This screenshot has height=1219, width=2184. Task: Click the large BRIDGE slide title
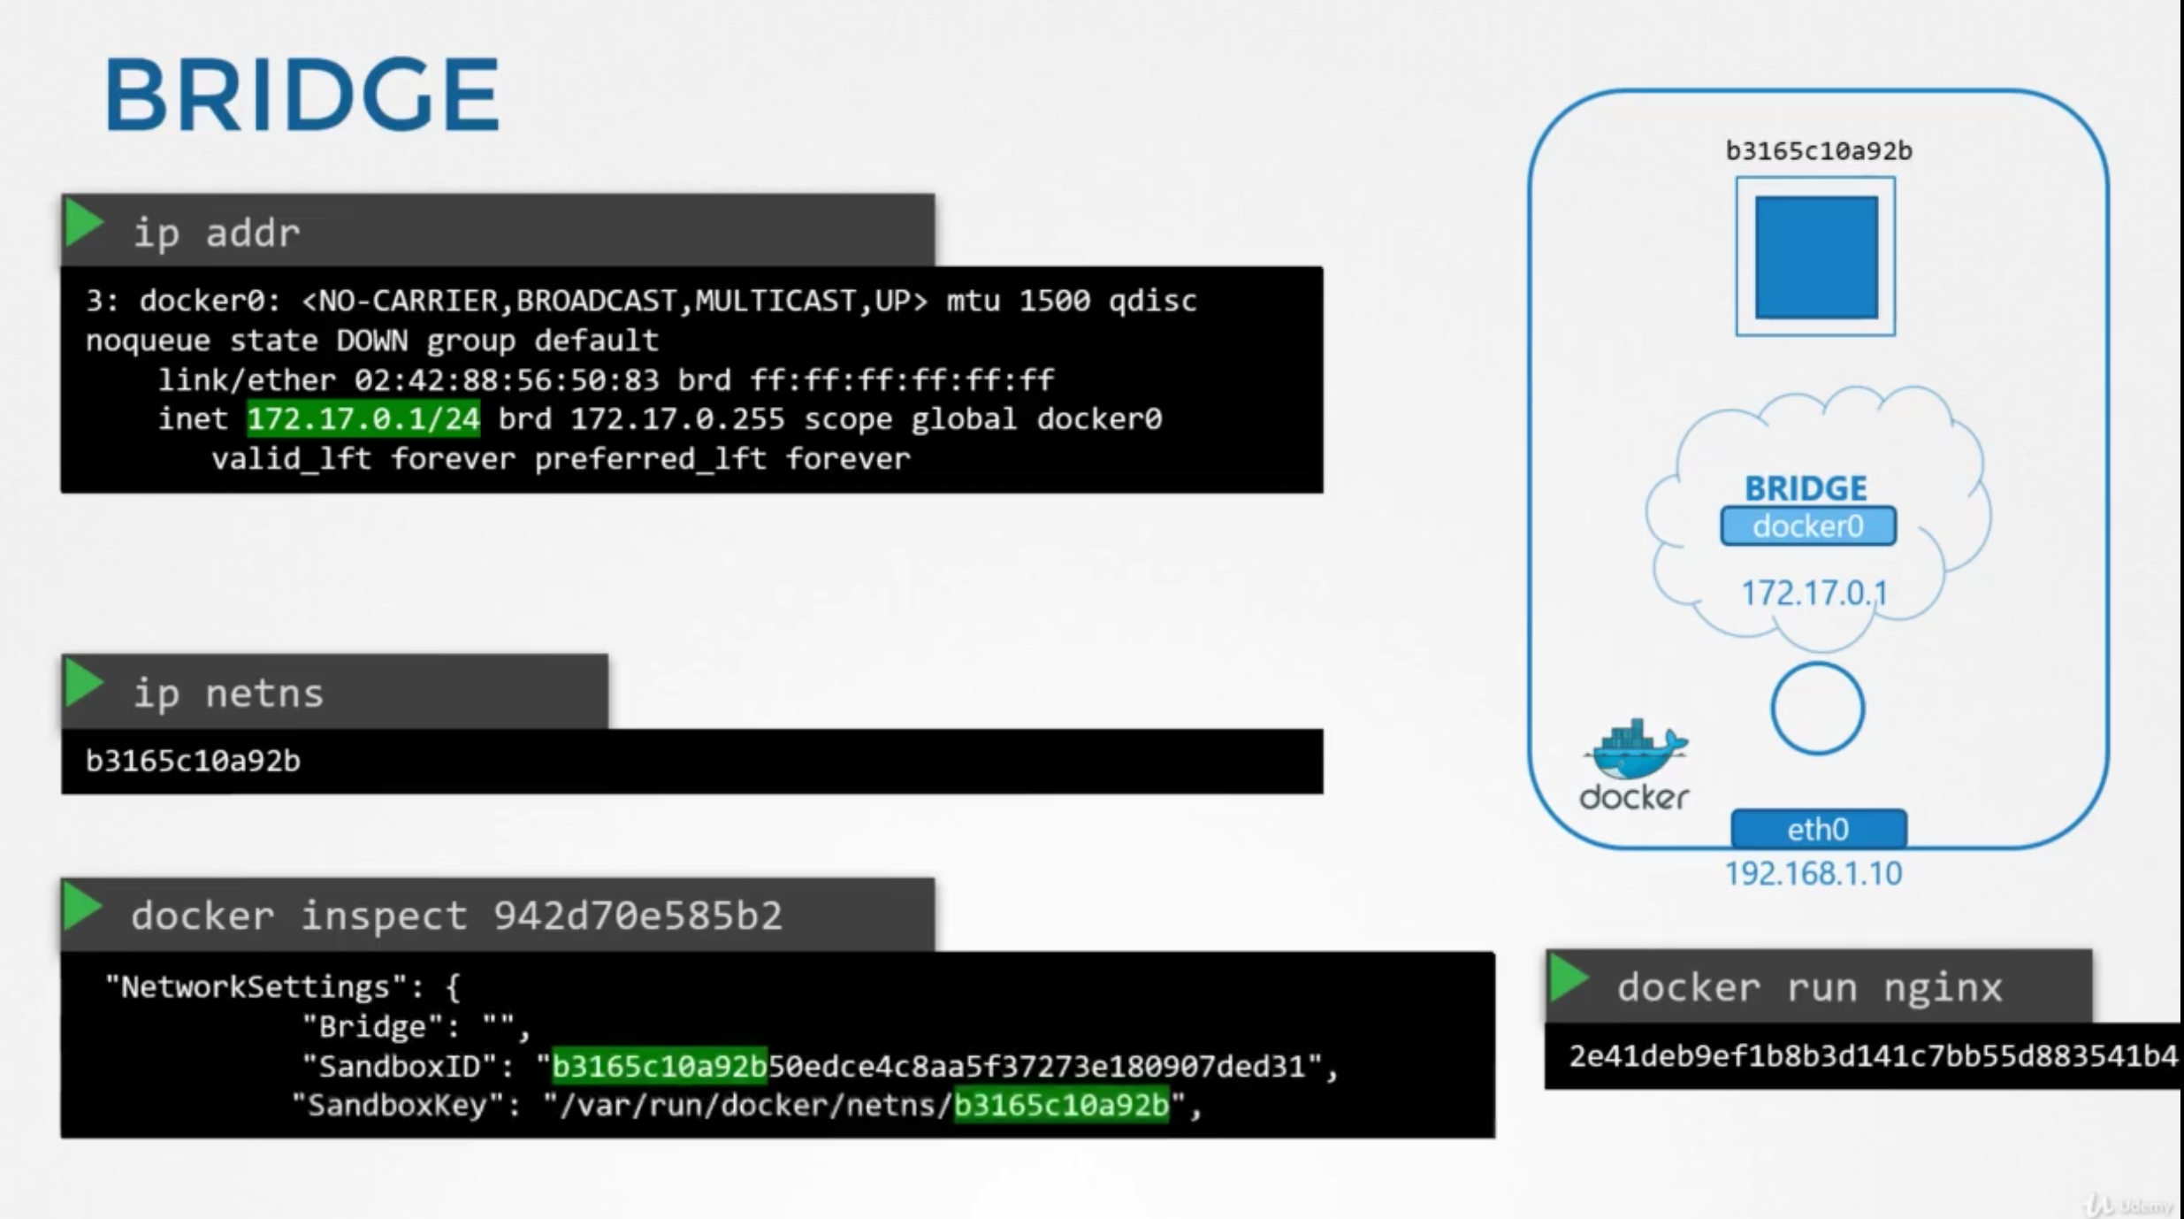point(302,94)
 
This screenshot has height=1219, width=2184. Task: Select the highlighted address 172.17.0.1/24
point(363,418)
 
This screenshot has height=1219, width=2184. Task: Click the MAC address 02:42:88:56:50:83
point(507,380)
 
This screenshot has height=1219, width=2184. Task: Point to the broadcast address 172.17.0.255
point(677,418)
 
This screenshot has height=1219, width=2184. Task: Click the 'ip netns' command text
point(228,694)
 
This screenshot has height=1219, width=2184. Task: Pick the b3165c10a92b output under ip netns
point(193,761)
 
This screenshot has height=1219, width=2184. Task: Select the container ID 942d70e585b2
point(638,916)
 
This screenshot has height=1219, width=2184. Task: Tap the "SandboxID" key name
point(398,1066)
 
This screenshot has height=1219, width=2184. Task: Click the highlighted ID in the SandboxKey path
point(1061,1105)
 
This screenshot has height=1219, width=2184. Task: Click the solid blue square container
point(1816,257)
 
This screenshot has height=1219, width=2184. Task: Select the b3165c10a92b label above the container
point(1819,151)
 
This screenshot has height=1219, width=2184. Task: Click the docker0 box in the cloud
point(1808,526)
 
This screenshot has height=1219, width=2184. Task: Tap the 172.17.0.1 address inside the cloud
point(1814,593)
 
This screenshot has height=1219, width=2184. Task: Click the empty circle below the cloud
point(1817,709)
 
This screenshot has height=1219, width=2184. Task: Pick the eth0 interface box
point(1818,830)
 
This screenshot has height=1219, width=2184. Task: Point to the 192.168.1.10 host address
point(1814,874)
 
